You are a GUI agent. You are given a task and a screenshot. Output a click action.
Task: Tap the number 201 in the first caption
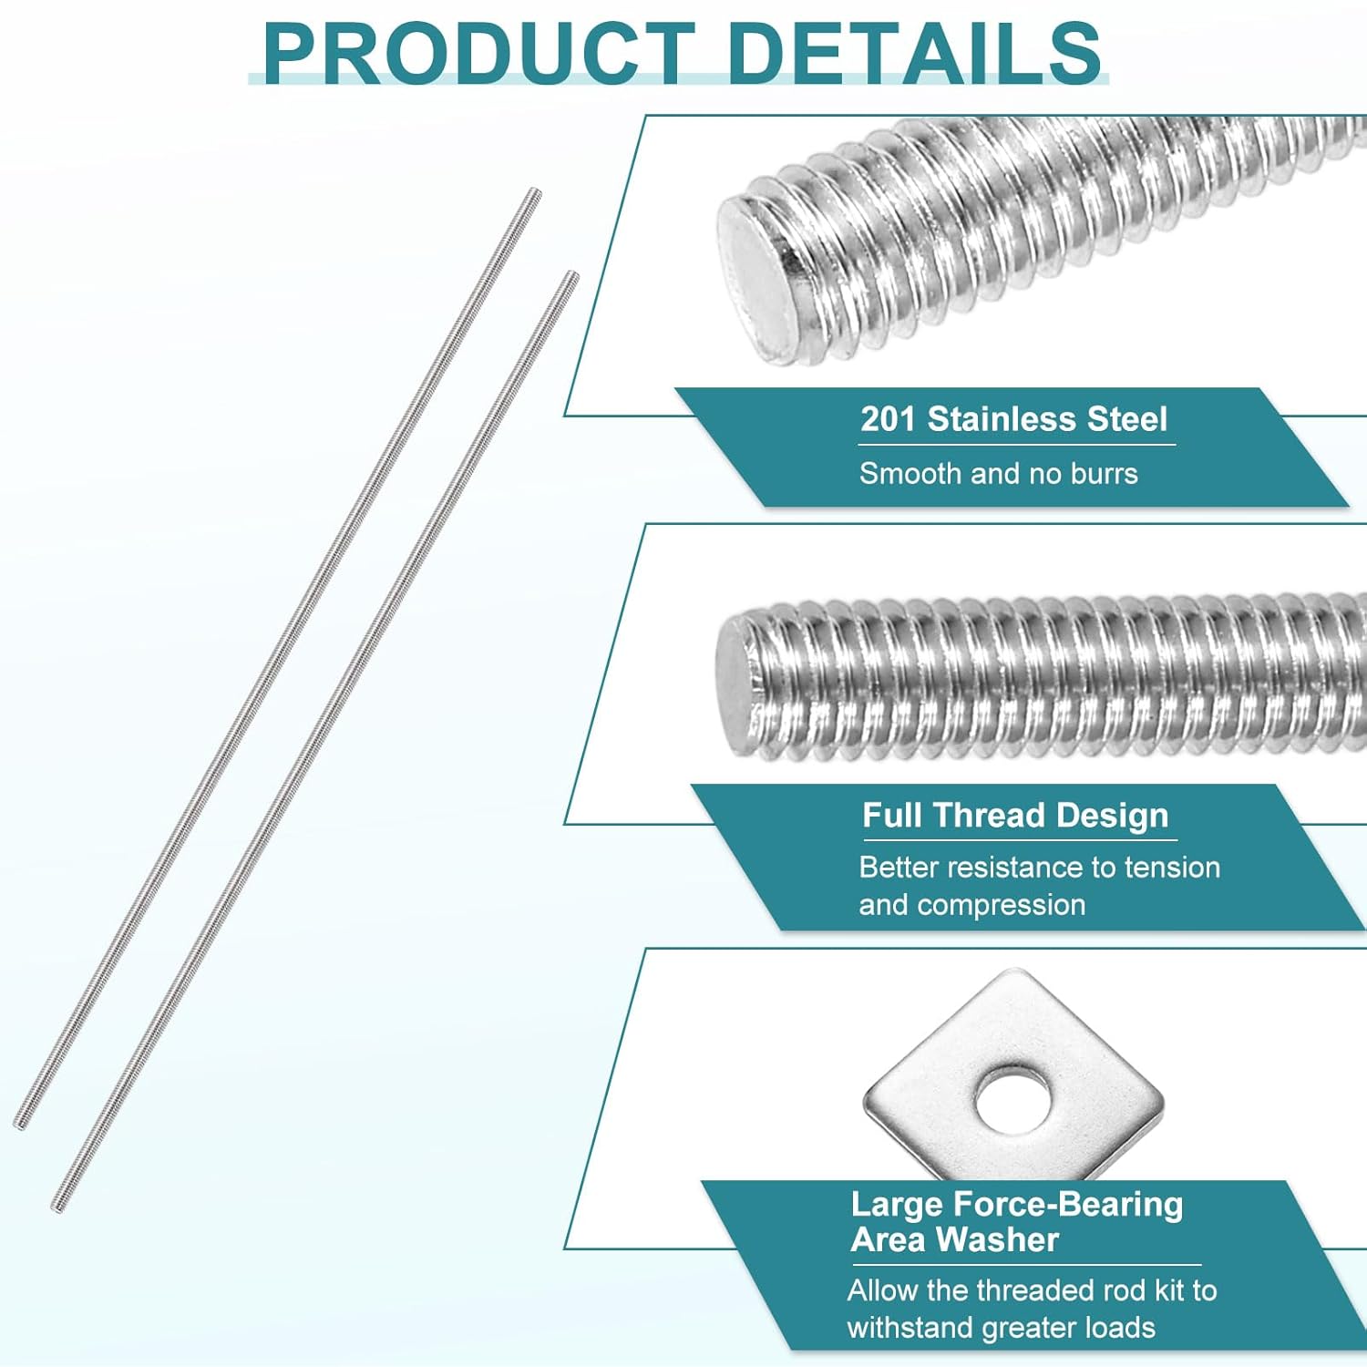tap(888, 419)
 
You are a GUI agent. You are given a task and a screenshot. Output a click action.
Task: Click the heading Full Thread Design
tap(1015, 815)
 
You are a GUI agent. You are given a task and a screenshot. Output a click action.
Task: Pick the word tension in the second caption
tap(1172, 868)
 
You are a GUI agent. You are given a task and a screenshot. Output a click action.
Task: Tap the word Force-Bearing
tap(1068, 1205)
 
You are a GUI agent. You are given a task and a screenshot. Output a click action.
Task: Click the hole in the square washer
tap(1012, 1097)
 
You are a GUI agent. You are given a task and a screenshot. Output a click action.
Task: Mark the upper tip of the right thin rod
tap(573, 275)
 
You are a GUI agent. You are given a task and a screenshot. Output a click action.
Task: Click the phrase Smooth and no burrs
tap(998, 474)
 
